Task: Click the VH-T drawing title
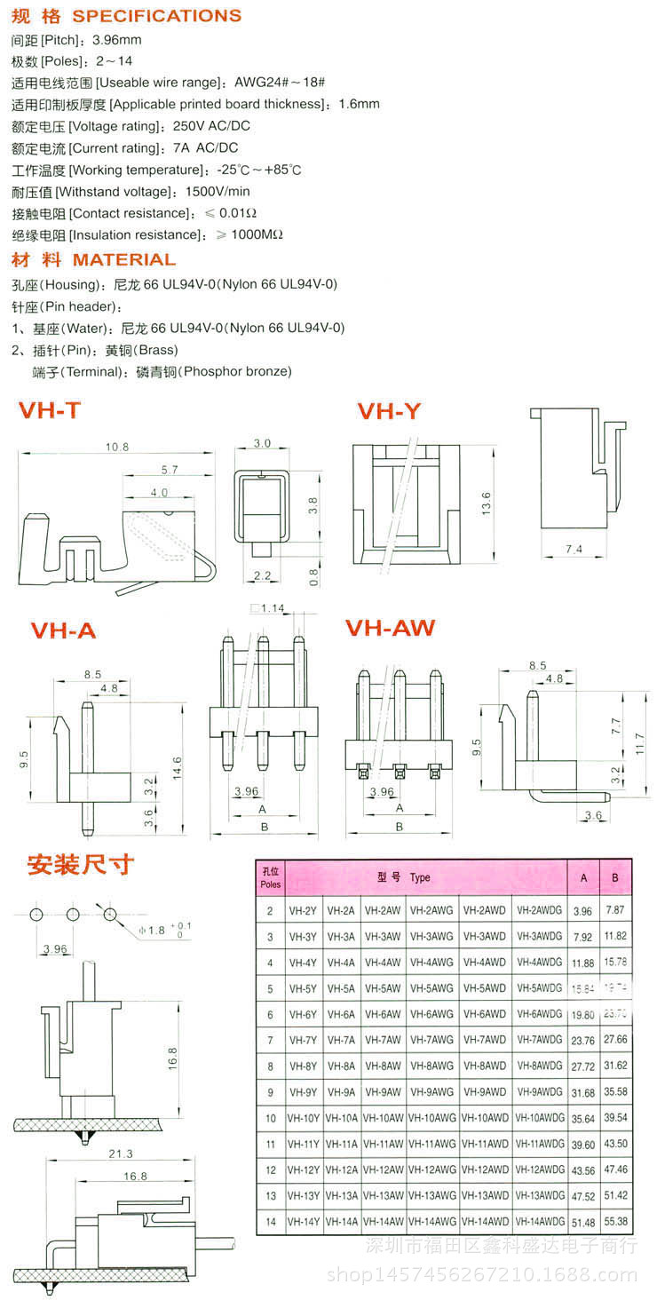tap(50, 410)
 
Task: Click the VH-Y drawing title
tap(389, 411)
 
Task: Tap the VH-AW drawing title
tap(390, 628)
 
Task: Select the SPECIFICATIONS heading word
tap(156, 16)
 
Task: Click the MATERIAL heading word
tap(123, 260)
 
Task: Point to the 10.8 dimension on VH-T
tap(117, 447)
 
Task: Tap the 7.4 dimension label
tap(574, 550)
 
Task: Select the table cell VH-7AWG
tap(433, 1040)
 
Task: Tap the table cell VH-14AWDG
tap(539, 1222)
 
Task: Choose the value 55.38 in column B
tap(615, 1222)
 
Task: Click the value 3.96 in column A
tap(582, 911)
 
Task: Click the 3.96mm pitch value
tap(117, 40)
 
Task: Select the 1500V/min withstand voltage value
tap(218, 192)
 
